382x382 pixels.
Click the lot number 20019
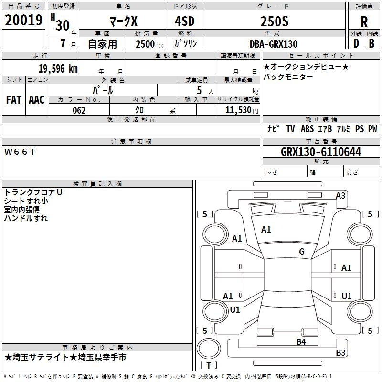tap(23, 20)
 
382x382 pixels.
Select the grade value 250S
tap(274, 21)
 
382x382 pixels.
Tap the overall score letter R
tap(364, 22)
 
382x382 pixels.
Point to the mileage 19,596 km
tap(58, 69)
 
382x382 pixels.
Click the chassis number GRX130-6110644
tap(321, 152)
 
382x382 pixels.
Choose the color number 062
tap(79, 110)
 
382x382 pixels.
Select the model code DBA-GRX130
tap(274, 44)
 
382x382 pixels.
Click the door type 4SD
tap(185, 21)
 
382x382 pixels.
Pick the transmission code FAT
tap(14, 100)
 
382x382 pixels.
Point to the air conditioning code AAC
tap(37, 100)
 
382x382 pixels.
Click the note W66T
tap(20, 152)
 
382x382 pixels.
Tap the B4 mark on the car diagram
tap(301, 342)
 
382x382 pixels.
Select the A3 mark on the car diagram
tap(340, 196)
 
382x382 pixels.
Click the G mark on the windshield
tap(302, 252)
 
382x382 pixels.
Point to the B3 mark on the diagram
tap(340, 352)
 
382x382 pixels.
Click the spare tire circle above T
tap(209, 349)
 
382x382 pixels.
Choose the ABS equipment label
tap(307, 128)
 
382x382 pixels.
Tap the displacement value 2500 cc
tap(150, 44)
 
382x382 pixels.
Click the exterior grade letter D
tap(356, 43)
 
